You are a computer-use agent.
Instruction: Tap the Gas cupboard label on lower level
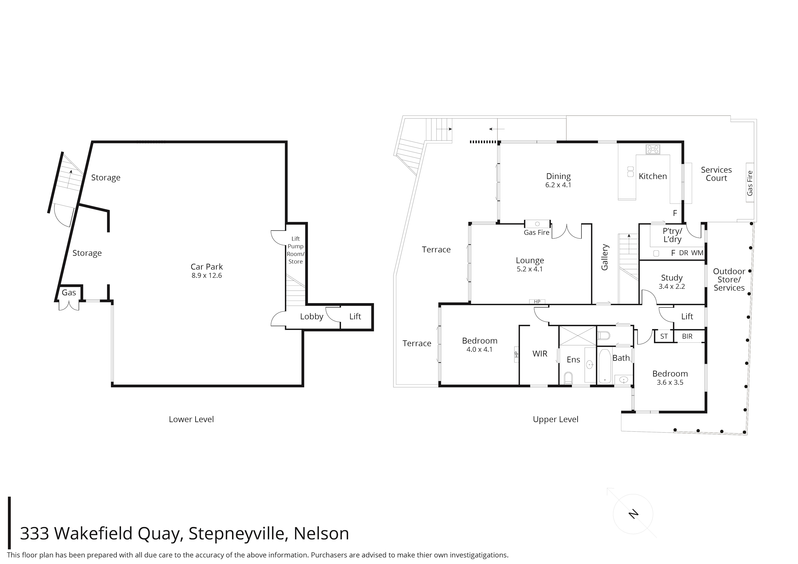tap(69, 293)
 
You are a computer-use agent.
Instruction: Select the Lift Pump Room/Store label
tap(295, 250)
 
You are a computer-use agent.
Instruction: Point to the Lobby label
tap(311, 317)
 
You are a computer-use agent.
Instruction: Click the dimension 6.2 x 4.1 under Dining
tap(558, 185)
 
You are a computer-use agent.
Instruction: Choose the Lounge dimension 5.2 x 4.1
tap(529, 269)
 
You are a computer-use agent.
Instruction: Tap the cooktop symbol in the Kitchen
tap(653, 149)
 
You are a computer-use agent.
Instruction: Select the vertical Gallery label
tap(605, 257)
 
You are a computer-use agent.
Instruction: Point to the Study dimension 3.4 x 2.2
tap(672, 287)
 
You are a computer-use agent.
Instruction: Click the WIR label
tap(540, 354)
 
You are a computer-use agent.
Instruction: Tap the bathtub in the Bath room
tap(605, 367)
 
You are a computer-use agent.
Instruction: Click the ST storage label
tap(664, 336)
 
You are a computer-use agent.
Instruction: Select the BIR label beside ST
tap(687, 336)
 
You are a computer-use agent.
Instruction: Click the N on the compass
tap(634, 514)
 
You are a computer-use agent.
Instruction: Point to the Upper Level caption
tap(556, 419)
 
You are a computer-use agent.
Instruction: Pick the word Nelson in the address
tap(321, 534)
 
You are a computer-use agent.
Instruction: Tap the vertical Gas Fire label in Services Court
tap(750, 183)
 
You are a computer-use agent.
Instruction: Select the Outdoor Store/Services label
tap(729, 279)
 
